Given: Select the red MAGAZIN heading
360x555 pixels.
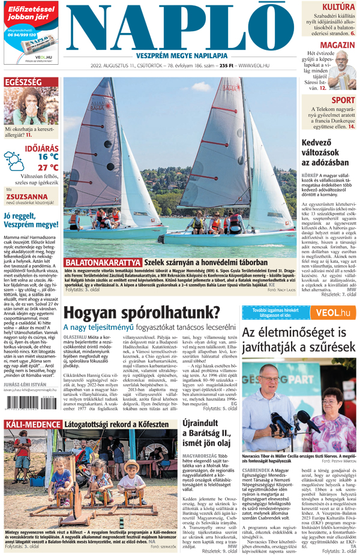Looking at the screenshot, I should coord(337,46).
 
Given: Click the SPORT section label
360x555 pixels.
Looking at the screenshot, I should coord(343,100).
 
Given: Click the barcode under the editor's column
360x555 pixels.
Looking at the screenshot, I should coord(22,405).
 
